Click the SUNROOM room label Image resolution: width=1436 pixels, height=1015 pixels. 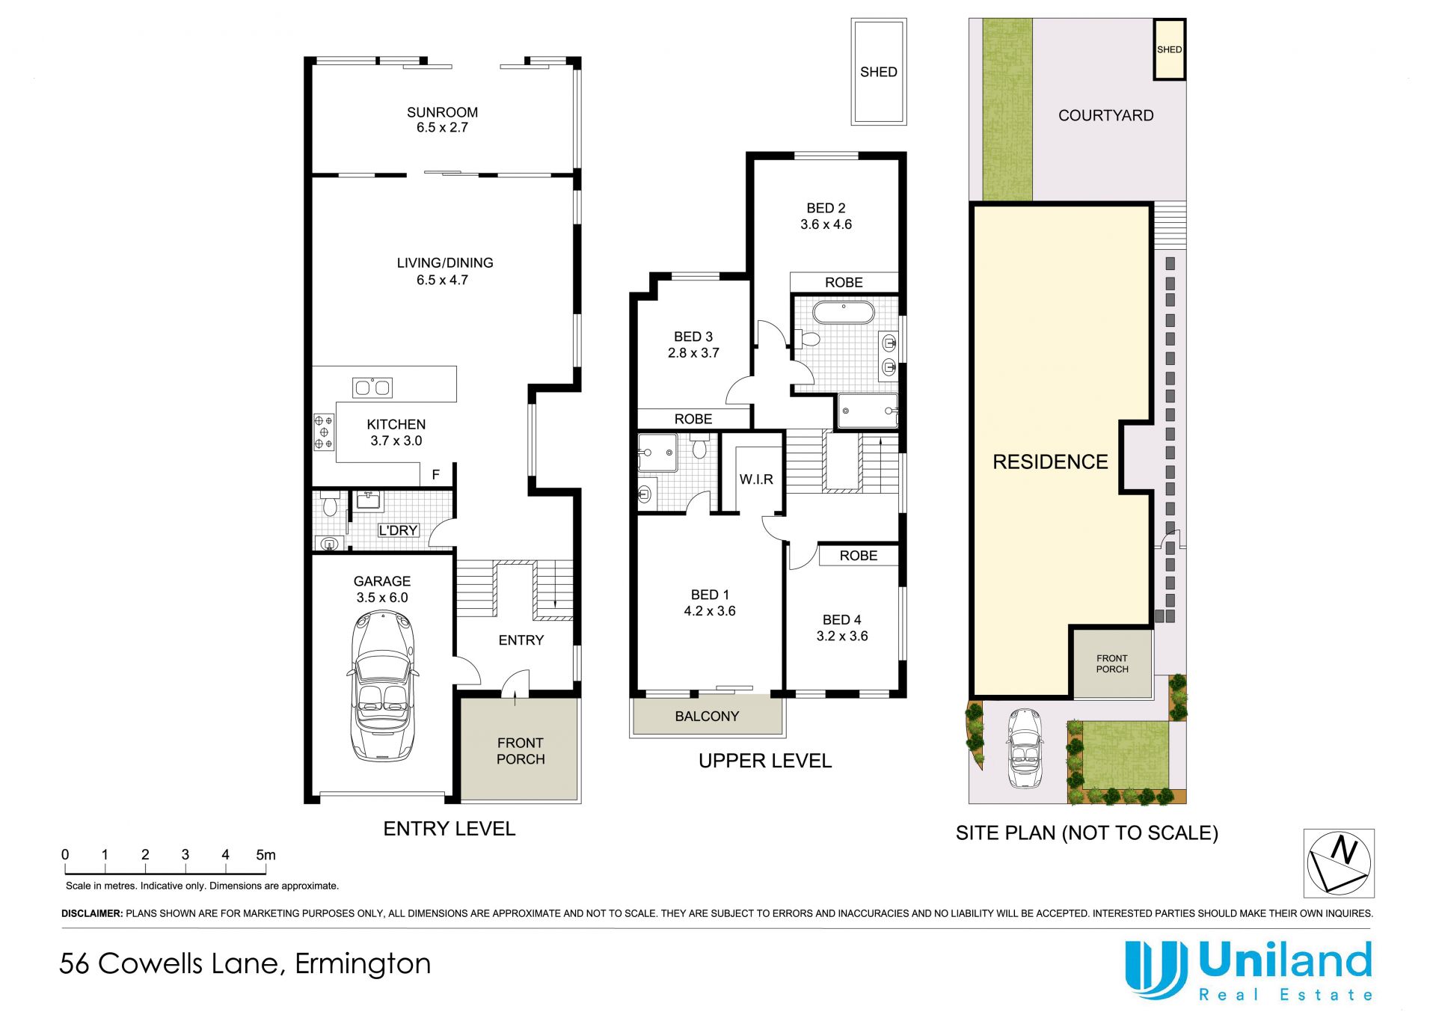(442, 112)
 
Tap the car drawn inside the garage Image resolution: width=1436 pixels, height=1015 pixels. (381, 686)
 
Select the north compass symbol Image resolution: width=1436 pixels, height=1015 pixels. (1339, 862)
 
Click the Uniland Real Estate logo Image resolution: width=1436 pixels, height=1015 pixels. (1249, 970)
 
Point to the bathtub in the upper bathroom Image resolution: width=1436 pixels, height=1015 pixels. (844, 313)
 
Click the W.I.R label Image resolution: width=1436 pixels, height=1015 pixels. (756, 479)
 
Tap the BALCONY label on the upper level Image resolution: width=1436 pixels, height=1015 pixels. (707, 717)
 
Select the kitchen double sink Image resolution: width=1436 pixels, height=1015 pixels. (372, 387)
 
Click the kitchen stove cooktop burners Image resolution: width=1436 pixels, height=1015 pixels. (324, 432)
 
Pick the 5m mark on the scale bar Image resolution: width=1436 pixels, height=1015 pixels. (266, 855)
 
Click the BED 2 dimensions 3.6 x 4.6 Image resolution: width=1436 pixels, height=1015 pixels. (826, 224)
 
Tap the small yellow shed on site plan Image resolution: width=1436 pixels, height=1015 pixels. (1169, 49)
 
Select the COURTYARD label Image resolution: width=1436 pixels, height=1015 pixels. (1105, 116)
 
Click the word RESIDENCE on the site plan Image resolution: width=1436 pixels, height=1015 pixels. (1050, 462)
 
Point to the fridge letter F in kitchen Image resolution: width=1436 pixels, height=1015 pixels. (435, 475)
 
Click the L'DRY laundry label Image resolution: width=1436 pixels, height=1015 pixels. (398, 530)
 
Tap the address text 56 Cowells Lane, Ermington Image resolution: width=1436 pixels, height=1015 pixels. (245, 963)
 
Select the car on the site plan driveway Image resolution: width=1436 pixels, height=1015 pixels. (1025, 748)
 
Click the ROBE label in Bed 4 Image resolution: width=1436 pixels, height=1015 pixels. (858, 556)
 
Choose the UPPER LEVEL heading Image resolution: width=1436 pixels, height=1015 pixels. (764, 761)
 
